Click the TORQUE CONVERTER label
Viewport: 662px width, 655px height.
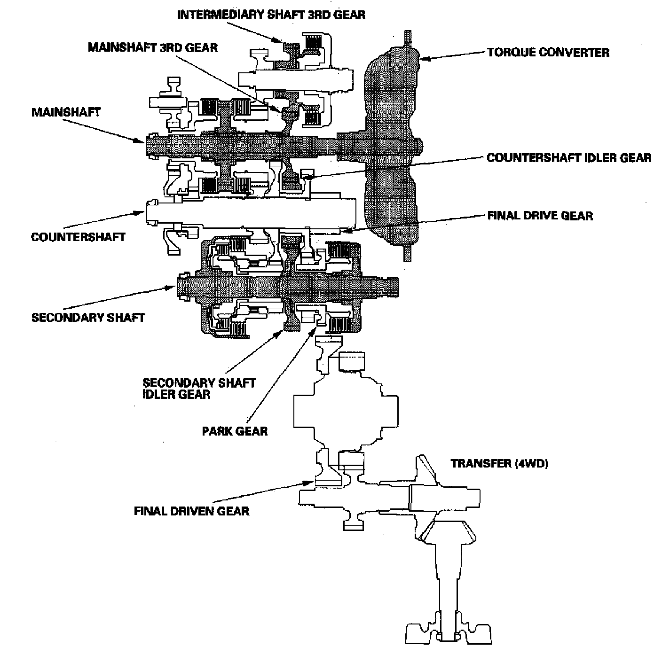pos(548,52)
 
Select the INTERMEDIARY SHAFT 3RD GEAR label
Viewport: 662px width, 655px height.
pos(271,15)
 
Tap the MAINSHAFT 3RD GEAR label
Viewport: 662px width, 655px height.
pos(153,47)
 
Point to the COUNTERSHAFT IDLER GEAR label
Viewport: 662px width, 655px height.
pos(569,157)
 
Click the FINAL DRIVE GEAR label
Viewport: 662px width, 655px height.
pos(540,216)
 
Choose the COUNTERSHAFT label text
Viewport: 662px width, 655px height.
pos(78,236)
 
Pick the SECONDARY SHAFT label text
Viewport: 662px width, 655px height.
pos(88,317)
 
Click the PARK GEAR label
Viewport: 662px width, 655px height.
pos(235,431)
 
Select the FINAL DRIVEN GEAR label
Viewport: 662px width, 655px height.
pos(191,511)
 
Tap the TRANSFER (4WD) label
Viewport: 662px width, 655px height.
pos(499,464)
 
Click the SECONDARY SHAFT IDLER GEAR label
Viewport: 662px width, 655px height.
pos(199,388)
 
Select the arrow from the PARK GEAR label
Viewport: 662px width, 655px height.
pos(282,371)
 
